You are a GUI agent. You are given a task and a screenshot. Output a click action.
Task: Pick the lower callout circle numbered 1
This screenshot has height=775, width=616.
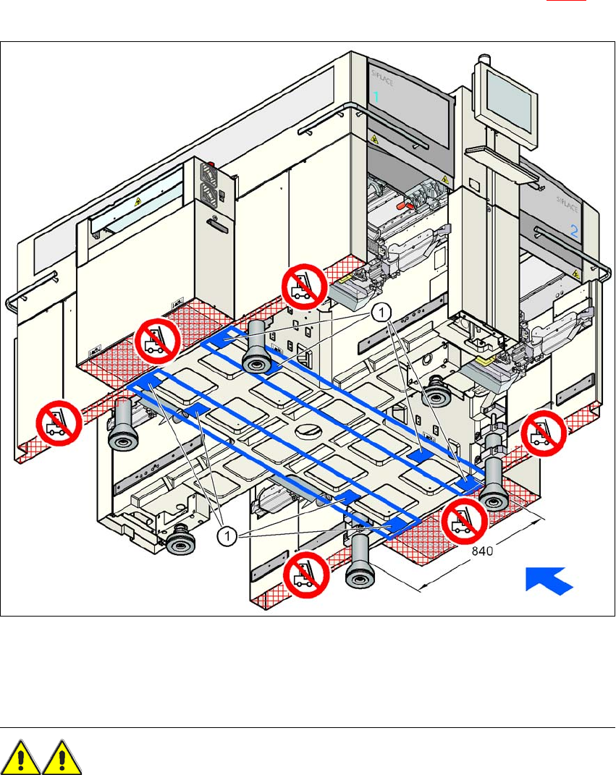(x=227, y=535)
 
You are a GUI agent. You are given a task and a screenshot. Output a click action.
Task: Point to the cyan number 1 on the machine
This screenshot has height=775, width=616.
(x=376, y=96)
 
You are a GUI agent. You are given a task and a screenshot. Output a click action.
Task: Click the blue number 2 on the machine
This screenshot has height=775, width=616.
(x=573, y=233)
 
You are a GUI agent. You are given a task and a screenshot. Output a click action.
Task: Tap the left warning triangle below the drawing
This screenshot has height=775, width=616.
(x=21, y=757)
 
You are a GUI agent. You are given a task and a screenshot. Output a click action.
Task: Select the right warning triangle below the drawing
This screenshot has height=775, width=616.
(x=60, y=757)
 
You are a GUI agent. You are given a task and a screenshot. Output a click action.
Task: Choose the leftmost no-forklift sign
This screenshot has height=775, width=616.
(x=59, y=423)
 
